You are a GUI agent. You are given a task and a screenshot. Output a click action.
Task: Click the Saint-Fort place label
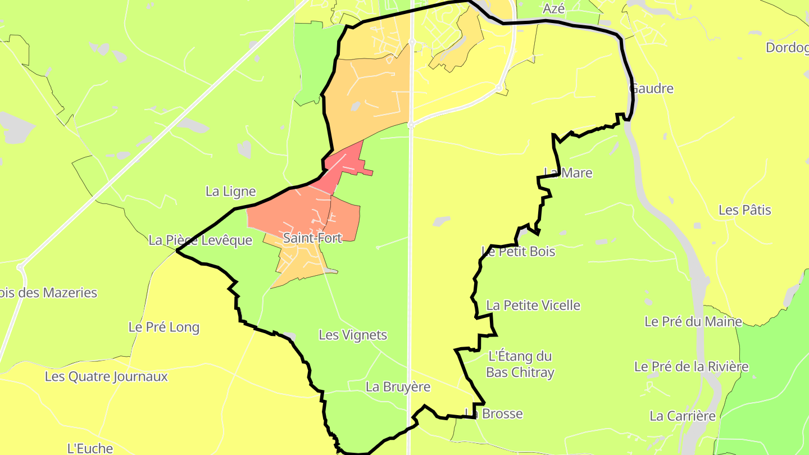point(312,238)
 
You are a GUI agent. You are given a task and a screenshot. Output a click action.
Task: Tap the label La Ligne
point(230,192)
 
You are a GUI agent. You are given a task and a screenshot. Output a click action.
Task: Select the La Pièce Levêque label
point(201,240)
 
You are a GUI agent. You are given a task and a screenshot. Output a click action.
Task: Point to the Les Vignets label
point(353,335)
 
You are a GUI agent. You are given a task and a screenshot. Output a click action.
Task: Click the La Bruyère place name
point(398,387)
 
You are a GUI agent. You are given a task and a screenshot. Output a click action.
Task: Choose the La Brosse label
point(494,414)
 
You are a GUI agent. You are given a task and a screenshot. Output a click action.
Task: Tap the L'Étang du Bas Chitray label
point(520,364)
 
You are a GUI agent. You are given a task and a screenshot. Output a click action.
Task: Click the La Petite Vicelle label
point(533,306)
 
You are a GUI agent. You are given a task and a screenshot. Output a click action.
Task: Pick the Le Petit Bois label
point(518,252)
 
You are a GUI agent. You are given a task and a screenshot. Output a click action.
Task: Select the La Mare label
point(568,173)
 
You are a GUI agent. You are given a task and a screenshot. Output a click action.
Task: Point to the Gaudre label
point(651,89)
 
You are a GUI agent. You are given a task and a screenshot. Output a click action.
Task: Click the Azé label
point(553,8)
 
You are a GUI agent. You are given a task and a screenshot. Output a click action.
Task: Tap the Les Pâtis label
point(745,211)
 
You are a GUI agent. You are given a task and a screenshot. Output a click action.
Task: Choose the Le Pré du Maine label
point(693,322)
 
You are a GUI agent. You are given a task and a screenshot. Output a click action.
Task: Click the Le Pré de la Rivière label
point(691,367)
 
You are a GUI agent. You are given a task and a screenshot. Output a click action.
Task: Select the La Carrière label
point(683,416)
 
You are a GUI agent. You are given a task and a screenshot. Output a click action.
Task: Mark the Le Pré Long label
point(164,327)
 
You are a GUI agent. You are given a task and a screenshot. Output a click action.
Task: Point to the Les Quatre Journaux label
point(106,376)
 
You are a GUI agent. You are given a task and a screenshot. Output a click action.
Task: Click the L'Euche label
point(90,448)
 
